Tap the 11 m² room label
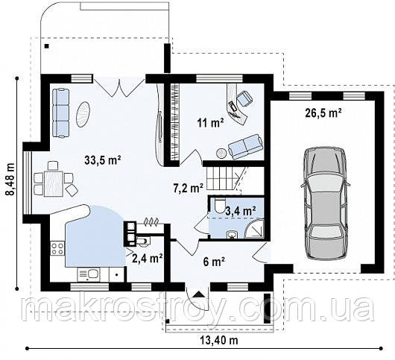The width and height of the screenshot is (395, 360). (211, 123)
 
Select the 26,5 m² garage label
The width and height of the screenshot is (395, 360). (323, 113)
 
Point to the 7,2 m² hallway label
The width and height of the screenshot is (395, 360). (188, 188)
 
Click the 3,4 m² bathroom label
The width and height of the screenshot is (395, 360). (241, 211)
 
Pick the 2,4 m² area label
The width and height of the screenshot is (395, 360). (147, 258)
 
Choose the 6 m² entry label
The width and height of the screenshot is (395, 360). (214, 262)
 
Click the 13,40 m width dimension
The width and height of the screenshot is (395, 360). (219, 341)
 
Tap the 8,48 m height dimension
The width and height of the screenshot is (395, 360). (10, 179)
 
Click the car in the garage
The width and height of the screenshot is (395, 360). (325, 203)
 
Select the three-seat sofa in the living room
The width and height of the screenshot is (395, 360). (60, 113)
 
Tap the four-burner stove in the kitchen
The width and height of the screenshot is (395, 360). (57, 248)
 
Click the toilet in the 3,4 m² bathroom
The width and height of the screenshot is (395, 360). (220, 204)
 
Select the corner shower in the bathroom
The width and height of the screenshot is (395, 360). (254, 229)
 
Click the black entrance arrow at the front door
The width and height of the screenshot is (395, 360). (199, 294)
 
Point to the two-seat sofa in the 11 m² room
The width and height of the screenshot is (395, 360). (245, 147)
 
